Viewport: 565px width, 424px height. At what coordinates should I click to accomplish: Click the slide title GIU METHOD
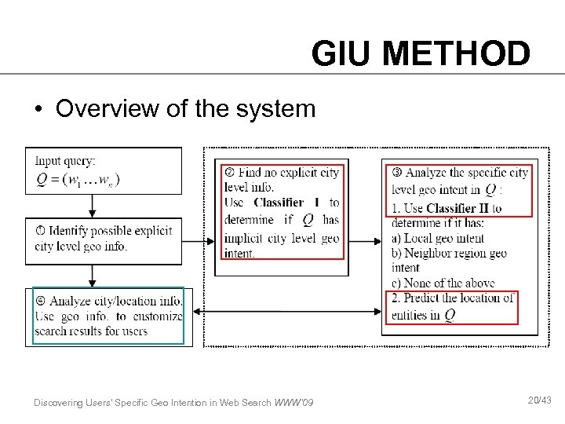pyautogui.click(x=421, y=54)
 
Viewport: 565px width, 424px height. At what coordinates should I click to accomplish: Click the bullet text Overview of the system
pyautogui.click(x=185, y=108)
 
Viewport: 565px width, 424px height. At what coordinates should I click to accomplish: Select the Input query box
pyautogui.click(x=104, y=170)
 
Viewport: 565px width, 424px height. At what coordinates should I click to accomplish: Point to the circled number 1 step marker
pyautogui.click(x=41, y=231)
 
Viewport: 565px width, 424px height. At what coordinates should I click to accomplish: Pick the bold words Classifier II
pyautogui.click(x=454, y=208)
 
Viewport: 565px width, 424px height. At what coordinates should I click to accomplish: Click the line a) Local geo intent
pyautogui.click(x=437, y=238)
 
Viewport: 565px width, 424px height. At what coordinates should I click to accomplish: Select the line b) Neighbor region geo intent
pyautogui.click(x=449, y=253)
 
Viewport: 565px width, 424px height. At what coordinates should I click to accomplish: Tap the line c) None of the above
pyautogui.click(x=441, y=283)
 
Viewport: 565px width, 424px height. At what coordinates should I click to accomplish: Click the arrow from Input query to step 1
pyautogui.click(x=93, y=206)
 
